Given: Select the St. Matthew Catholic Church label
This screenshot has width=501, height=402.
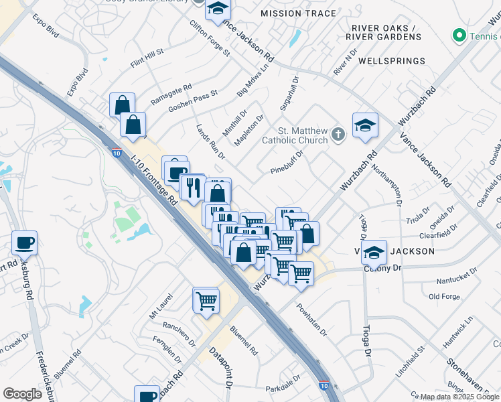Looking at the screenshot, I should pyautogui.click(x=303, y=135).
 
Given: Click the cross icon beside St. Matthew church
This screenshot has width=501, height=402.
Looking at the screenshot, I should pyautogui.click(x=338, y=135).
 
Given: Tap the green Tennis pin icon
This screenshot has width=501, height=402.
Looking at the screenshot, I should pyautogui.click(x=459, y=34).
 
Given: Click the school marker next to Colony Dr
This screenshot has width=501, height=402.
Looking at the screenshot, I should pyautogui.click(x=374, y=252).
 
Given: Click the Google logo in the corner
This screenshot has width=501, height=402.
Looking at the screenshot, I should pyautogui.click(x=22, y=393).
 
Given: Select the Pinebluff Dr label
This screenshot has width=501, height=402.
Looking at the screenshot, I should pyautogui.click(x=288, y=161).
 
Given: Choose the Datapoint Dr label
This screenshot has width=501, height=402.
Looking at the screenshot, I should pyautogui.click(x=219, y=368).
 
